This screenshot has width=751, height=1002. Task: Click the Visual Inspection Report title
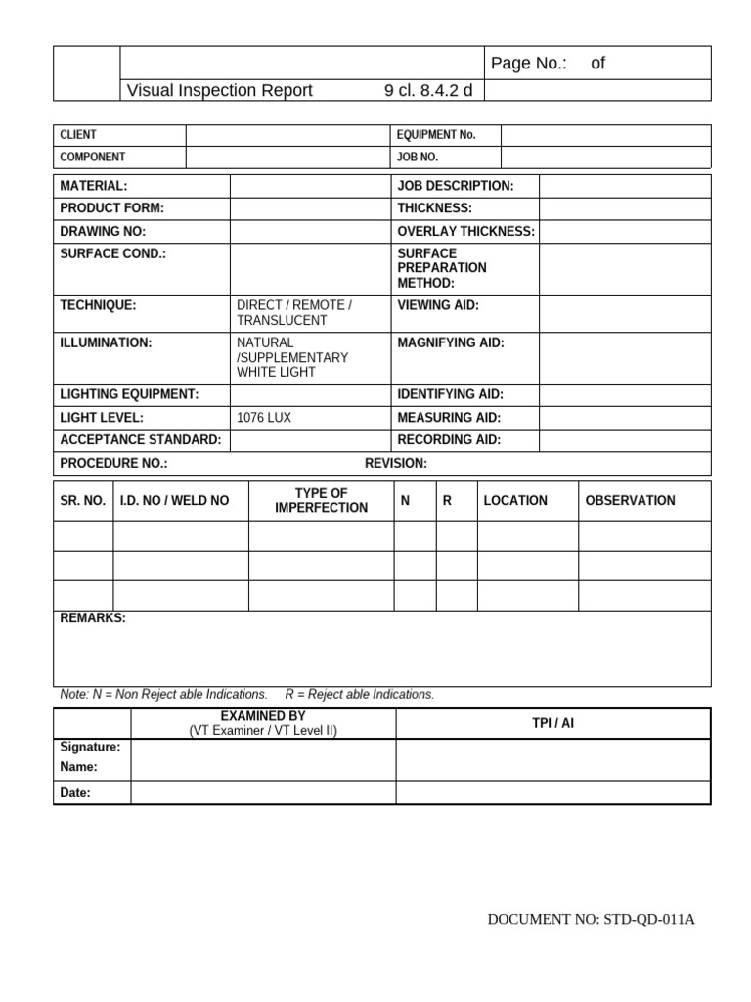click(220, 91)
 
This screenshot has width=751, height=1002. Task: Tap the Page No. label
click(529, 64)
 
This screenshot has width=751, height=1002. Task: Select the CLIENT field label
click(78, 135)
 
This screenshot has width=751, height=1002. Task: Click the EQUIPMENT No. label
click(436, 135)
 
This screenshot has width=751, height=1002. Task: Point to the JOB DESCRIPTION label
click(455, 186)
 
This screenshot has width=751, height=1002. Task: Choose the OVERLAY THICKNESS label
click(465, 232)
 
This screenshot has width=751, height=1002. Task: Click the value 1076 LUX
click(264, 418)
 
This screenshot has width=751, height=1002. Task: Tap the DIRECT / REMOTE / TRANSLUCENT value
click(293, 313)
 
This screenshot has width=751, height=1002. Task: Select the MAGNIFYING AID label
click(450, 343)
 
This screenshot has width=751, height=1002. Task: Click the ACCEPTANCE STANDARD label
click(141, 440)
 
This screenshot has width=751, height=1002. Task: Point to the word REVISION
click(395, 463)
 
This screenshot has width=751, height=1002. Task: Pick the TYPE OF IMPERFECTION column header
click(321, 500)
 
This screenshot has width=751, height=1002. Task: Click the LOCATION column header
click(515, 501)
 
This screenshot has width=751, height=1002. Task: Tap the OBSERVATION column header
click(630, 501)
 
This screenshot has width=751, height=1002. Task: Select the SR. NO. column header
click(83, 501)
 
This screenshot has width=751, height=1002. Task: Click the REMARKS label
click(93, 619)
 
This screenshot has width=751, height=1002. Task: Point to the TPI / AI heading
click(552, 723)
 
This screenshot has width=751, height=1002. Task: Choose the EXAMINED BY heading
click(263, 716)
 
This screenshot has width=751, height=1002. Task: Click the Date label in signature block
click(75, 793)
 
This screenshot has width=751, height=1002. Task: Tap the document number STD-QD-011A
click(591, 920)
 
